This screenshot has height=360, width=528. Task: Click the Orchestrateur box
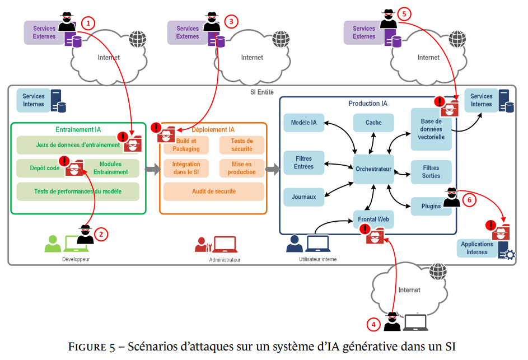point(373,169)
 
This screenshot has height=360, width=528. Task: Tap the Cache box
point(373,123)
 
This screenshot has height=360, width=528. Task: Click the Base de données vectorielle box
point(431,129)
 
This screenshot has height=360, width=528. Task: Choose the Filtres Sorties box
point(431,172)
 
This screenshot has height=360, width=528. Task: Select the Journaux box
point(304,197)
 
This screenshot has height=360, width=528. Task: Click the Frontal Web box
point(373,219)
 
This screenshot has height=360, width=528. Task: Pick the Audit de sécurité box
point(213,191)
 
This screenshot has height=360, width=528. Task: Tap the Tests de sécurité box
point(242,145)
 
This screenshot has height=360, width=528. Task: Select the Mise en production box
point(242,168)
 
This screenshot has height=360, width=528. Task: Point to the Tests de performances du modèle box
point(78,191)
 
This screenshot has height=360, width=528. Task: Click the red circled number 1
point(88,22)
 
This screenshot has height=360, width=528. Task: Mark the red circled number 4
point(373,324)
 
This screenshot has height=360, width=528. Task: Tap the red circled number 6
point(469,199)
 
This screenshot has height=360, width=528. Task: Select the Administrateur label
point(225,260)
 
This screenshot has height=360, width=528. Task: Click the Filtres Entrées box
point(304,162)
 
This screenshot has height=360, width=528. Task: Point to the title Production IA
point(368,104)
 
